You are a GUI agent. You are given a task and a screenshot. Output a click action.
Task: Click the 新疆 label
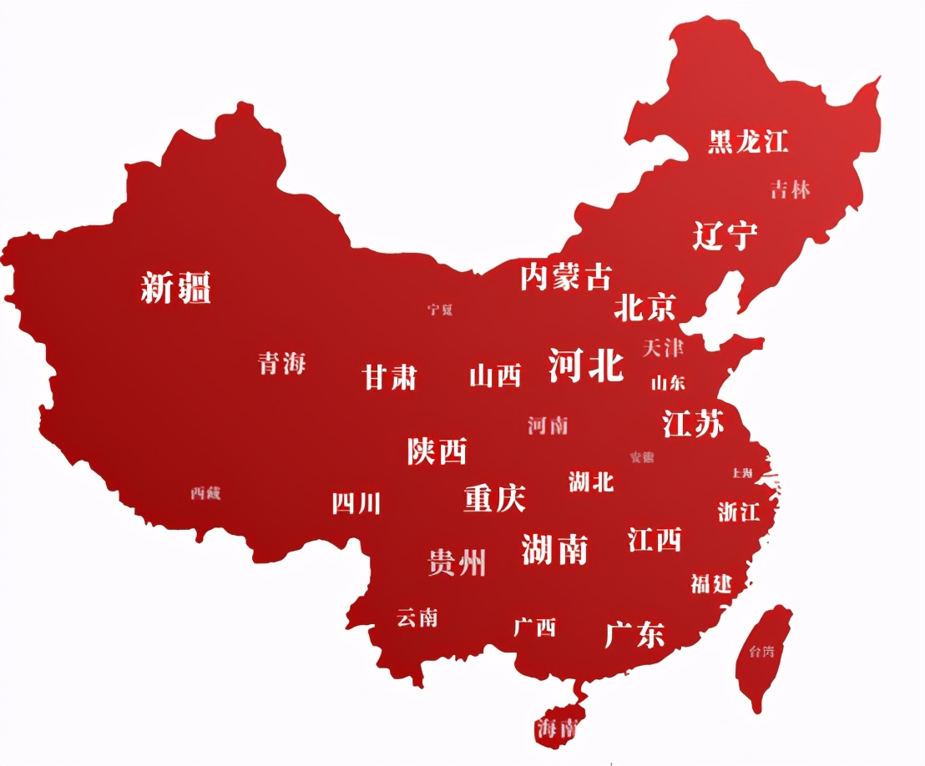(175, 288)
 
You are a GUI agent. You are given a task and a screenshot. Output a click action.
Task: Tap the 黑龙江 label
(747, 140)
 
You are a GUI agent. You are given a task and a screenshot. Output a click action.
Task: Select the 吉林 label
(790, 189)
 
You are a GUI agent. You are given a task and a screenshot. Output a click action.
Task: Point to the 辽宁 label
(725, 235)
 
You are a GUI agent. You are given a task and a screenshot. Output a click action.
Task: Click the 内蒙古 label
(565, 276)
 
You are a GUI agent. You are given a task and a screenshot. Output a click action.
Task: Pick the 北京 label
(644, 307)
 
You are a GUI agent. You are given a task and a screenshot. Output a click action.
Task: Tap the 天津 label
(663, 347)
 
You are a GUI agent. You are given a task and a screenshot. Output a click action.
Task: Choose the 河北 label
(586, 365)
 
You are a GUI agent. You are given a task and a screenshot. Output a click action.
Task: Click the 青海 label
(282, 363)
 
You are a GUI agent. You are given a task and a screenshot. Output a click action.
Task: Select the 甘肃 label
(389, 377)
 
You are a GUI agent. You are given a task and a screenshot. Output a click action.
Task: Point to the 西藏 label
(205, 493)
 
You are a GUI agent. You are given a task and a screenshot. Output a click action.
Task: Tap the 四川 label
(356, 503)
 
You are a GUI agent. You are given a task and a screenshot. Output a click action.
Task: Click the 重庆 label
(494, 498)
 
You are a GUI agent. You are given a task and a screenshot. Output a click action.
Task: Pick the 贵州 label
(457, 562)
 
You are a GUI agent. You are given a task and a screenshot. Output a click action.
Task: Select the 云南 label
(417, 617)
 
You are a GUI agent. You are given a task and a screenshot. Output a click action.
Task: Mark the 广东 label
(634, 634)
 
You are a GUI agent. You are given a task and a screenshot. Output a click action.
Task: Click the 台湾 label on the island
(761, 651)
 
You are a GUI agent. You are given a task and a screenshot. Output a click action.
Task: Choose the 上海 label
(742, 472)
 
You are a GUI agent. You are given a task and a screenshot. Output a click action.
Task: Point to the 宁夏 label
(440, 310)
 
